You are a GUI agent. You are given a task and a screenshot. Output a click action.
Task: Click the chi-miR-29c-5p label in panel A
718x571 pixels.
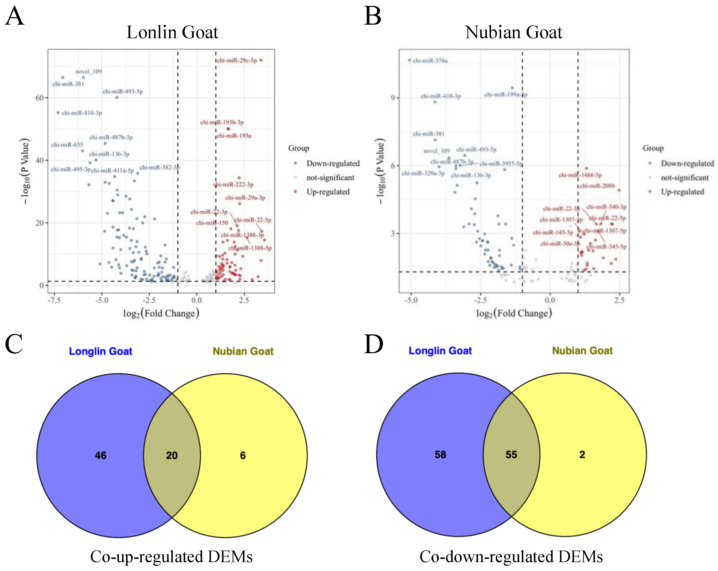[x=237, y=61]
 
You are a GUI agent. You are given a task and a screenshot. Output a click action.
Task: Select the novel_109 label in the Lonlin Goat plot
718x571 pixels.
[x=88, y=71]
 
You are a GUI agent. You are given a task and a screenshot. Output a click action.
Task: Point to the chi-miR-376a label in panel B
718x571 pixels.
[x=430, y=61]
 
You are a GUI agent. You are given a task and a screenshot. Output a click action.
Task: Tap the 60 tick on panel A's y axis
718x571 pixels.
[x=40, y=98]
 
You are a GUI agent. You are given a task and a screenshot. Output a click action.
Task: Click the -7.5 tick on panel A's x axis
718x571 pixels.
[x=54, y=300]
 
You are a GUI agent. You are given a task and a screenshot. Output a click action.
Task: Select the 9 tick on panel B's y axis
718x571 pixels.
[x=393, y=98]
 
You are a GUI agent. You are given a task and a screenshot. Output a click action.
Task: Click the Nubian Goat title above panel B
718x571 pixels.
[x=513, y=32]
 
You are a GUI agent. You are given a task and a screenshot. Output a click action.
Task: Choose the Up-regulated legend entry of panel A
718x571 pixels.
[x=328, y=192]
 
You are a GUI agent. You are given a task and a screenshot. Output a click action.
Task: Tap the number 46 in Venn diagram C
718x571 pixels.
[x=101, y=455]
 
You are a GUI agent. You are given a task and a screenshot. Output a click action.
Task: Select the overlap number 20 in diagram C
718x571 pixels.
[x=172, y=455]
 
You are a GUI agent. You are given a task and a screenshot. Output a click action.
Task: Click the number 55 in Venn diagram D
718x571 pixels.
[x=511, y=455]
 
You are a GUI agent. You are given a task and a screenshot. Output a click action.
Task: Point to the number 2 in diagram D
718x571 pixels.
[x=582, y=455]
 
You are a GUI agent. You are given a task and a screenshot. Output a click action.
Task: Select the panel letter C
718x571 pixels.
[x=14, y=344]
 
